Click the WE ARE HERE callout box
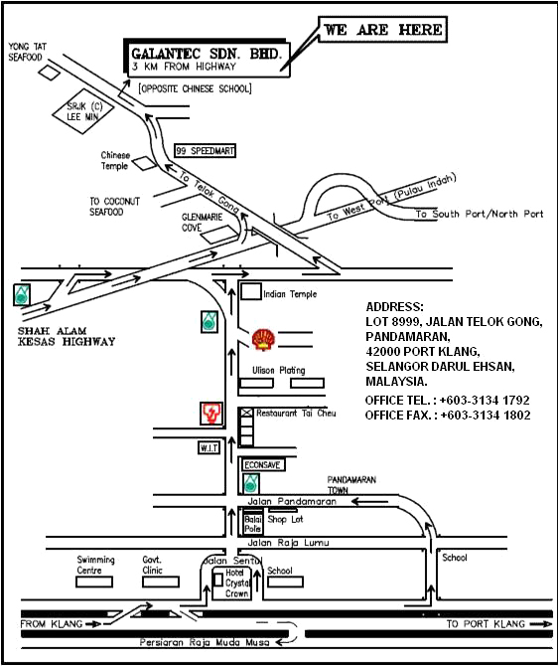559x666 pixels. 382,29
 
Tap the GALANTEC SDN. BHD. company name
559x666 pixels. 207,54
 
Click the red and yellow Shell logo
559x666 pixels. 263,339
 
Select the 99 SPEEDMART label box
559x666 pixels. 206,151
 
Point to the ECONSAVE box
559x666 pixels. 263,464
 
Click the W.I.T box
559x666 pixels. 210,447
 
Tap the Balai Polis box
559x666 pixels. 253,524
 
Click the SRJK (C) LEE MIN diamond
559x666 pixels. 83,111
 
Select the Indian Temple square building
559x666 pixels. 250,292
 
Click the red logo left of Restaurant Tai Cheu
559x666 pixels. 211,414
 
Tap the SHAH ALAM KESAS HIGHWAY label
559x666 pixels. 67,336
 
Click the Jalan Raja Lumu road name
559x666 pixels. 288,543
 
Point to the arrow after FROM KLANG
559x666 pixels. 93,624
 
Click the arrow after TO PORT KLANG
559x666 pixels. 541,623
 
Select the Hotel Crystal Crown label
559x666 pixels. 236,583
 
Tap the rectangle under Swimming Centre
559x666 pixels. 94,582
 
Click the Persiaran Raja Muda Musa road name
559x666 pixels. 205,642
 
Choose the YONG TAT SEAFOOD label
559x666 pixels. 27,52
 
